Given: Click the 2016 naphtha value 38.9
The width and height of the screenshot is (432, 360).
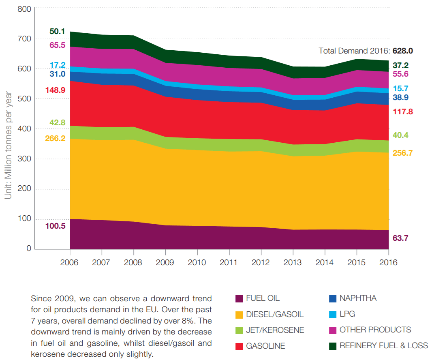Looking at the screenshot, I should [x=400, y=97].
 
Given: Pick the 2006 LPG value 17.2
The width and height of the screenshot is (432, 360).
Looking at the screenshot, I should [x=57, y=65].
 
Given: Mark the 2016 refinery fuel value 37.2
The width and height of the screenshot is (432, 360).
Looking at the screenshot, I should [x=400, y=65].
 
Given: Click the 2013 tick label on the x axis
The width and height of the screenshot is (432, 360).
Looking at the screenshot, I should [x=293, y=262].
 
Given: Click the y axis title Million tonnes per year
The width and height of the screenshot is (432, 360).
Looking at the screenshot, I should [x=8, y=146].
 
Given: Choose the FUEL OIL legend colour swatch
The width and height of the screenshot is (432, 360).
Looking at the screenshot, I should [x=239, y=299].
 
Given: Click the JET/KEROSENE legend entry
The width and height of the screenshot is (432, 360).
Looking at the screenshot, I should [x=275, y=330].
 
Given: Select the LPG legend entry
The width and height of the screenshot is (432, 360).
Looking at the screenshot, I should [x=347, y=314].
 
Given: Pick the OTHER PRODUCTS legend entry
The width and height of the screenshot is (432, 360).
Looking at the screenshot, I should [x=375, y=330].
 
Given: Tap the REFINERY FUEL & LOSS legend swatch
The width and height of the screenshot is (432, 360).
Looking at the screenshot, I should [x=333, y=346].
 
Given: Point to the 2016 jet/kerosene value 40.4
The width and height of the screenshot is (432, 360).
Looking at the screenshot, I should [x=400, y=135].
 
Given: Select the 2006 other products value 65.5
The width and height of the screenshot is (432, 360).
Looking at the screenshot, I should [x=57, y=45].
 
